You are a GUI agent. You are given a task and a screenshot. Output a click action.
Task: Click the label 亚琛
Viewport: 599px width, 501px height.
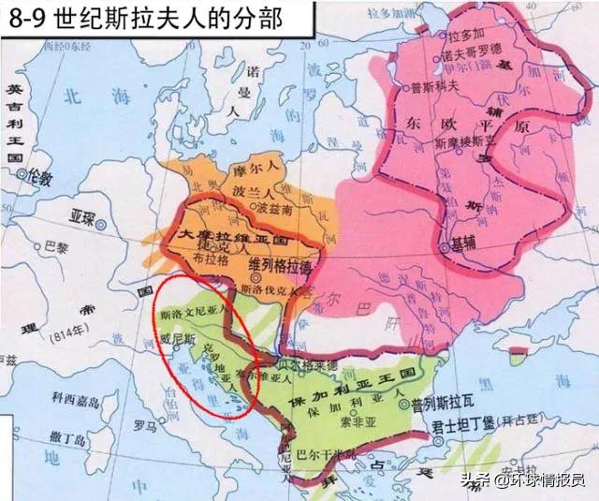tap(82, 214)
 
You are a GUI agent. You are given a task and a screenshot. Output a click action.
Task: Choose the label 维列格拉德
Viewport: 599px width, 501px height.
tap(284, 266)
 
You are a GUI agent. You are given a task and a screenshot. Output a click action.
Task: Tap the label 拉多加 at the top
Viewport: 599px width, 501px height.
tap(465, 36)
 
